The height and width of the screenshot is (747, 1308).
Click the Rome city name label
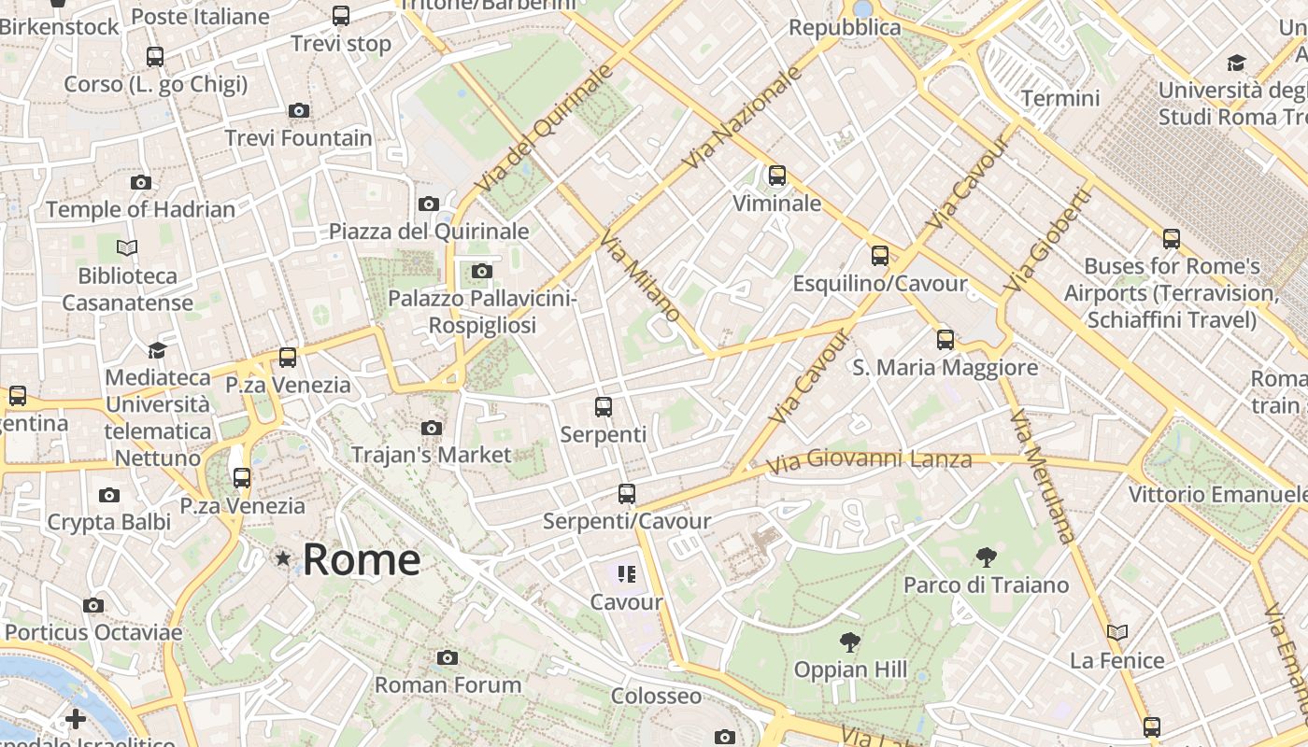[x=362, y=559]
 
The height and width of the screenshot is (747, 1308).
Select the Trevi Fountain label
[x=298, y=138]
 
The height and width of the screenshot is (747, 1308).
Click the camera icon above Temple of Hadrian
[x=141, y=182]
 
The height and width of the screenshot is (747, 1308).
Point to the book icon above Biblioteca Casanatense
[x=127, y=247]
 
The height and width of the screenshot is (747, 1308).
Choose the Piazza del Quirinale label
[x=429, y=231]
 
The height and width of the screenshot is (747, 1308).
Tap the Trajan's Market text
[x=431, y=455]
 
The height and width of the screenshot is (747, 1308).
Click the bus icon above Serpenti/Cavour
[x=627, y=494]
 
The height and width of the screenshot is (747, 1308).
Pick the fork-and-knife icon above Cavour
[x=627, y=573]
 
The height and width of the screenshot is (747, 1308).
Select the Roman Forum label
[x=448, y=684]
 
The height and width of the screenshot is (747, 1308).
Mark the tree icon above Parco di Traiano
[x=986, y=558]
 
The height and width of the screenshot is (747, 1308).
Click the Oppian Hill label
[x=850, y=669]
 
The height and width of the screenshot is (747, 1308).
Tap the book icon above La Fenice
[x=1117, y=632]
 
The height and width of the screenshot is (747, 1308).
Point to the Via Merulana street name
[x=1045, y=477]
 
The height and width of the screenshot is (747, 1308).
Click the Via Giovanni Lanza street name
[x=869, y=459]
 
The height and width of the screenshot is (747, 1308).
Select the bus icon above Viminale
[x=777, y=176]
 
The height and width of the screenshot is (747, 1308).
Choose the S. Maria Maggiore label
[x=945, y=367]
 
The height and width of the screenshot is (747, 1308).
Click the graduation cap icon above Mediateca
[x=158, y=350]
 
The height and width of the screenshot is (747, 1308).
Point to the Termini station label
[x=1060, y=98]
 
